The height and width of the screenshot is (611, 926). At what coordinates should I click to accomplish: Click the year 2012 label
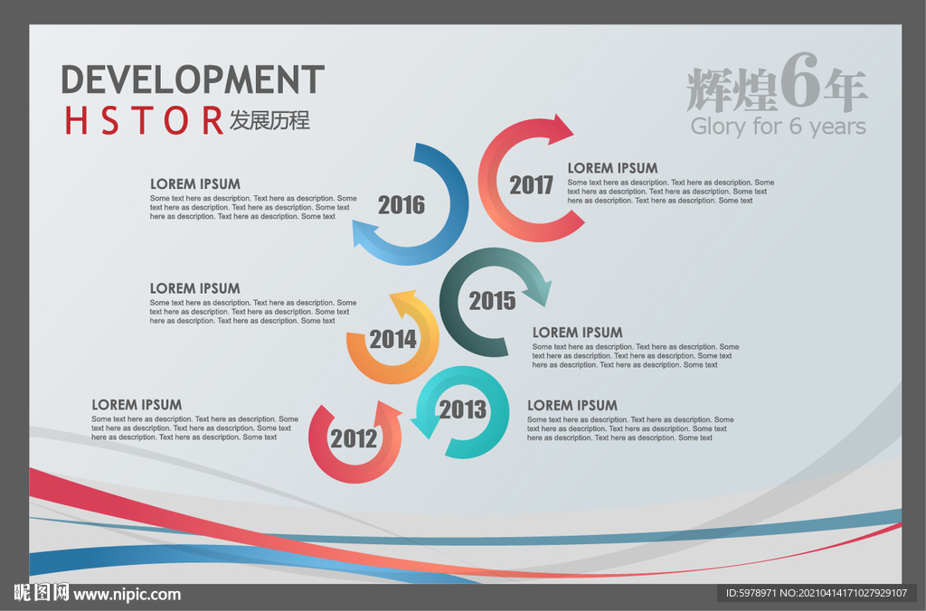pos(354,438)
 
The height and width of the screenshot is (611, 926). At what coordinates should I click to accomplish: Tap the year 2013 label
pos(463,409)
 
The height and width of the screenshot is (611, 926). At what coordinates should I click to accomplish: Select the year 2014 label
pos(393,340)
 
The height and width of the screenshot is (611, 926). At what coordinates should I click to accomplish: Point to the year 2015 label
pos(493,301)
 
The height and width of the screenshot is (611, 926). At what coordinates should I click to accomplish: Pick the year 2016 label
pos(402,205)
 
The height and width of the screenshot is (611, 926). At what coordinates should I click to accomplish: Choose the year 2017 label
pos(532,185)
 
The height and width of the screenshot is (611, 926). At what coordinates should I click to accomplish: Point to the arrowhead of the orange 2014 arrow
pos(404,301)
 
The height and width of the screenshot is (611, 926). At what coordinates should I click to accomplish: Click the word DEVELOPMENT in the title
pos(194,80)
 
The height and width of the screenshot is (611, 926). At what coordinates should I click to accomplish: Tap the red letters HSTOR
pos(144,120)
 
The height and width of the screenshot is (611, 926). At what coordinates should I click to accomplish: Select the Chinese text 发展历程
pos(269,120)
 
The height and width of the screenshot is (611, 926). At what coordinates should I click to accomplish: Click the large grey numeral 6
pos(801,80)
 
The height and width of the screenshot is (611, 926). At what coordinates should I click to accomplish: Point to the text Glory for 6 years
pos(779,127)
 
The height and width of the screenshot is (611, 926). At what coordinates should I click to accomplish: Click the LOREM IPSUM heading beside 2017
pos(612,168)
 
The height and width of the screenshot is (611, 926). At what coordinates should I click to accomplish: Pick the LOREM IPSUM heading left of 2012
pos(137,405)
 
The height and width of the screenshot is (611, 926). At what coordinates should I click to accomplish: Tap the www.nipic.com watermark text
pos(127,595)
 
